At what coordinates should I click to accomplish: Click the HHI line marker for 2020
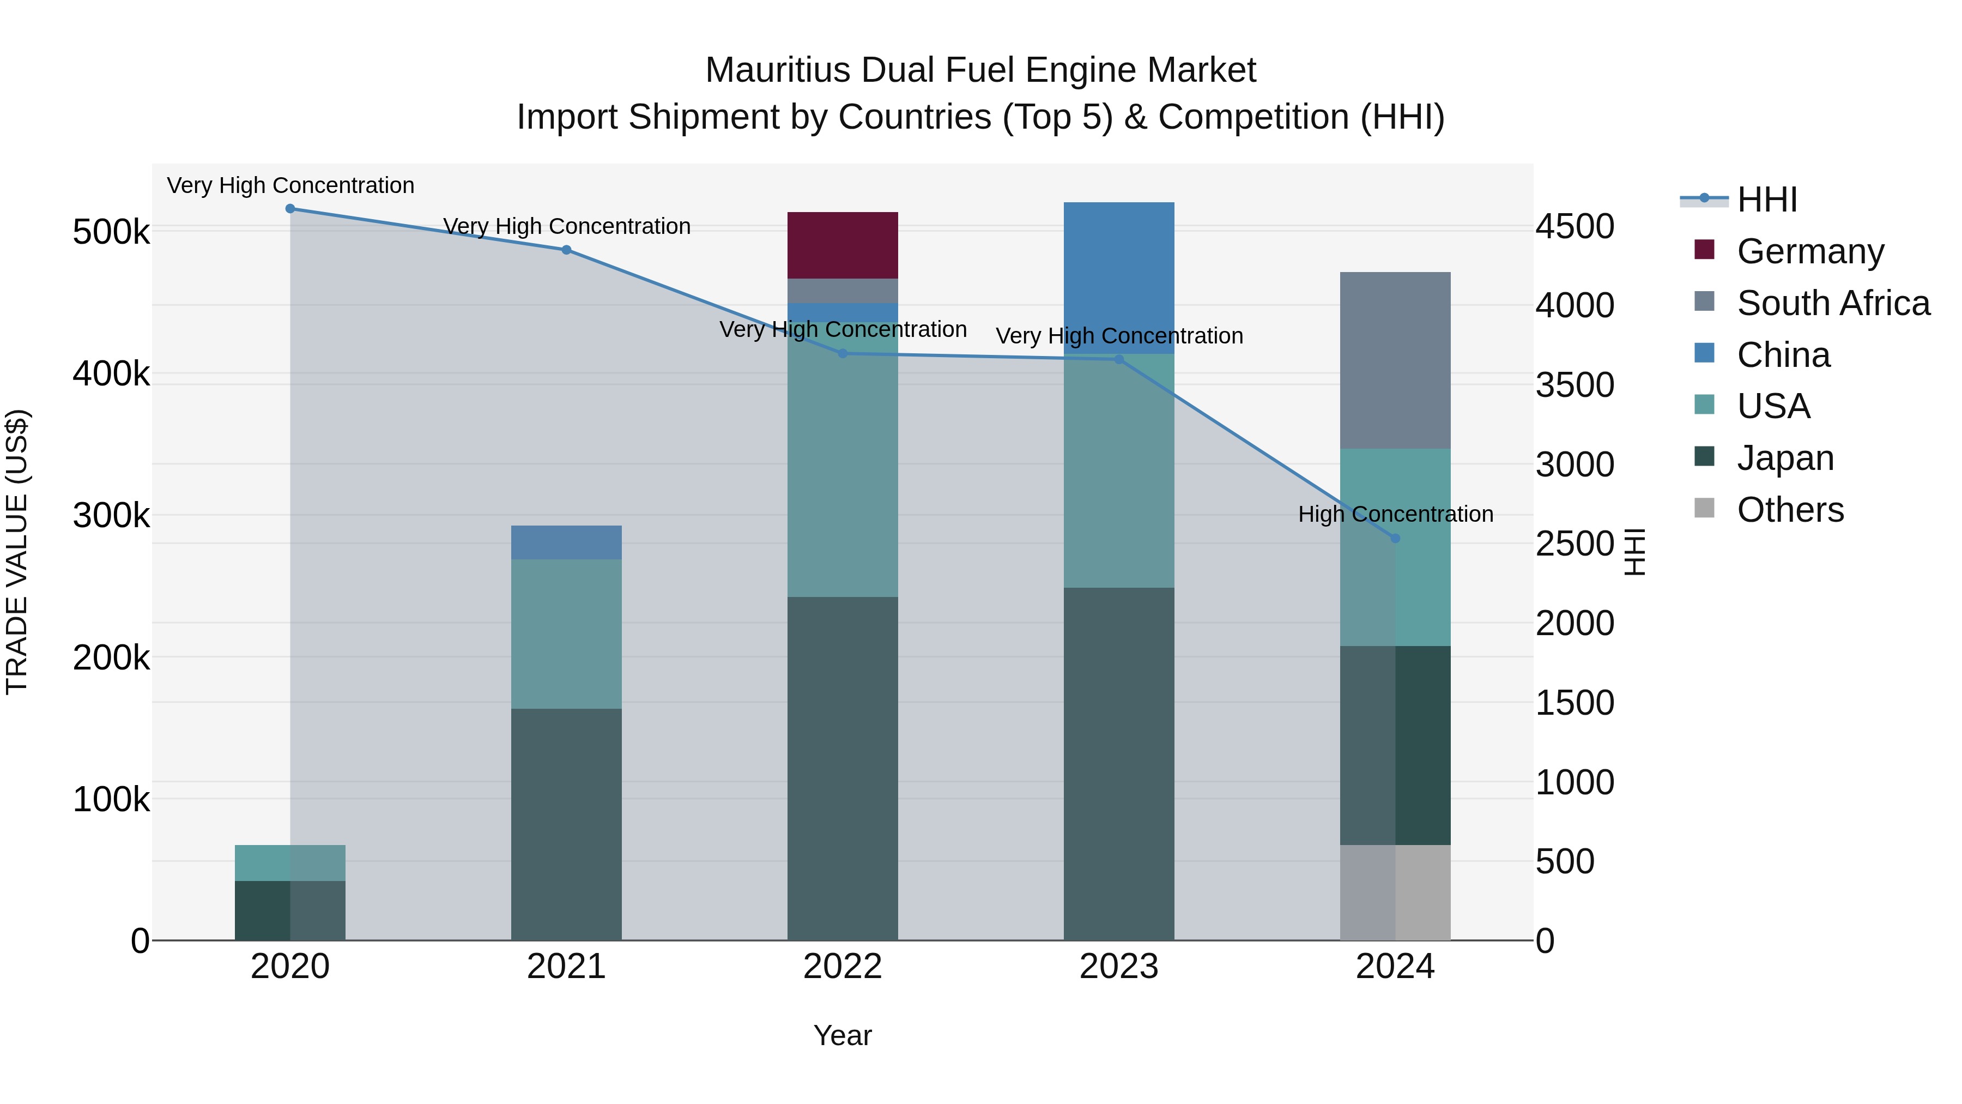click(x=290, y=209)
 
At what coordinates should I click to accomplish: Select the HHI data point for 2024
click(x=1395, y=539)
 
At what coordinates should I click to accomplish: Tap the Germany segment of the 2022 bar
click(x=843, y=245)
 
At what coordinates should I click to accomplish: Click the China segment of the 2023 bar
click(x=1119, y=277)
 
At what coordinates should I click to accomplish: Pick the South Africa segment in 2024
click(x=1395, y=360)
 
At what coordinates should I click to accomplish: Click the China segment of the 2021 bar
click(x=566, y=542)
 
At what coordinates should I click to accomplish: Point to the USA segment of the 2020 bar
click(x=290, y=862)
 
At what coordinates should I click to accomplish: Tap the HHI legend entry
click(x=1766, y=200)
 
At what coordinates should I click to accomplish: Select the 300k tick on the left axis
click(x=111, y=516)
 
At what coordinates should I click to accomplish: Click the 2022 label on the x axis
click(x=843, y=967)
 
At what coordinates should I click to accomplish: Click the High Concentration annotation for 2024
click(x=1395, y=514)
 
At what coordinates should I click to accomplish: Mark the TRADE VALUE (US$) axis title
click(x=17, y=552)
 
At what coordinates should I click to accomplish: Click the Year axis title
click(x=843, y=1035)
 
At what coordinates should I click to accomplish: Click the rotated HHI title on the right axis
click(x=1634, y=552)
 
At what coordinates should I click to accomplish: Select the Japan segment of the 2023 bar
click(x=1119, y=763)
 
